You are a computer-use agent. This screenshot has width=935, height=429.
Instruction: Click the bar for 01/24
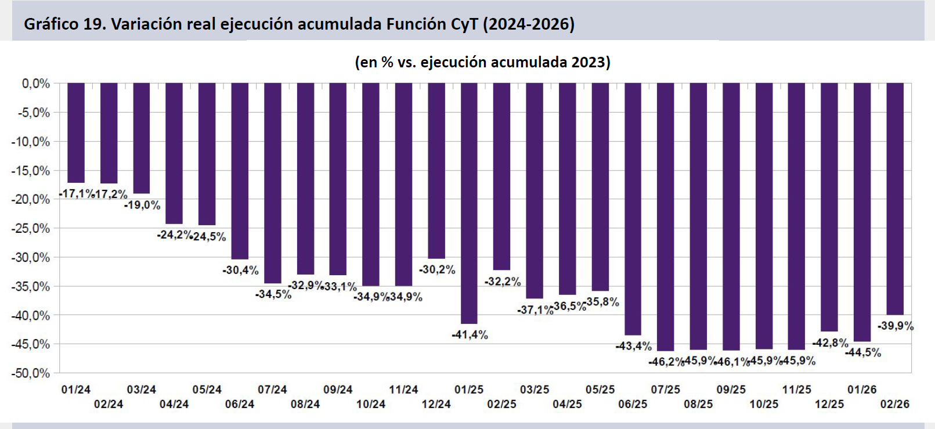click(76, 133)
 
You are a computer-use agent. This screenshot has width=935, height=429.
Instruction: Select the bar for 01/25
click(469, 203)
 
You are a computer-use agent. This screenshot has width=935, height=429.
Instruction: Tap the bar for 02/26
click(895, 199)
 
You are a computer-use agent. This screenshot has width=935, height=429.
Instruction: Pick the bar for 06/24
click(240, 171)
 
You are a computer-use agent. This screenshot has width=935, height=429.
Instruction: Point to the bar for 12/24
click(436, 170)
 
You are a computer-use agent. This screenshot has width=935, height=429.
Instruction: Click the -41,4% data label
click(470, 335)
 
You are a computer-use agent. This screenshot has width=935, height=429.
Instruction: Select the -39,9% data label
click(896, 326)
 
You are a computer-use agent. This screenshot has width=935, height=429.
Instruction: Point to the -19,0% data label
click(142, 206)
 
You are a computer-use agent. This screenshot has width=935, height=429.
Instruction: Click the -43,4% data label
click(634, 347)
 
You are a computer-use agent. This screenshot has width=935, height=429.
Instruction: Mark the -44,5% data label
click(863, 353)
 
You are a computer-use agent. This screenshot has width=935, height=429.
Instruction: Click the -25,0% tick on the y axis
click(31, 229)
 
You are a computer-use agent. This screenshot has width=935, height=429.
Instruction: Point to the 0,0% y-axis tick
click(36, 84)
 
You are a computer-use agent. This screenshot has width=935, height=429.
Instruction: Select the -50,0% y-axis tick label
click(31, 373)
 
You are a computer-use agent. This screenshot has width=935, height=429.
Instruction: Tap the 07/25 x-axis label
click(665, 390)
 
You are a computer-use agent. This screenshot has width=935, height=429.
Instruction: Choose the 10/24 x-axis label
click(371, 404)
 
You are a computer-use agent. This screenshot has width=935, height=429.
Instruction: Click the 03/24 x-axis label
click(142, 390)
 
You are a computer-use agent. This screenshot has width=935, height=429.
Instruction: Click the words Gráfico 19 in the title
click(64, 24)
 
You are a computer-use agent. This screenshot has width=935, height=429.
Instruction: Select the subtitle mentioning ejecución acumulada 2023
click(482, 62)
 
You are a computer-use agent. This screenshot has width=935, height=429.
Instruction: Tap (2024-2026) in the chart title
click(529, 24)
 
